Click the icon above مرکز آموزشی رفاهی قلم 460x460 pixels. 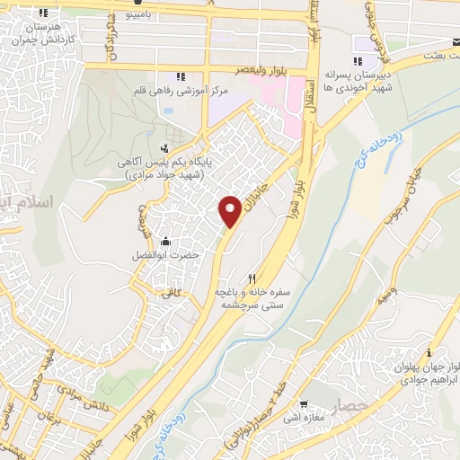(x=181, y=77)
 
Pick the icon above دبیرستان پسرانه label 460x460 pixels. (x=358, y=62)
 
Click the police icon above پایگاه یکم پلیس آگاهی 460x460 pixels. (x=164, y=148)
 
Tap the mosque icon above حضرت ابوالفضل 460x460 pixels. (x=165, y=241)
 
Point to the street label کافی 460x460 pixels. (x=171, y=292)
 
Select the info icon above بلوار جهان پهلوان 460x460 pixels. (x=430, y=351)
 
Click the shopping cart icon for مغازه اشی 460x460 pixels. (x=306, y=403)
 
